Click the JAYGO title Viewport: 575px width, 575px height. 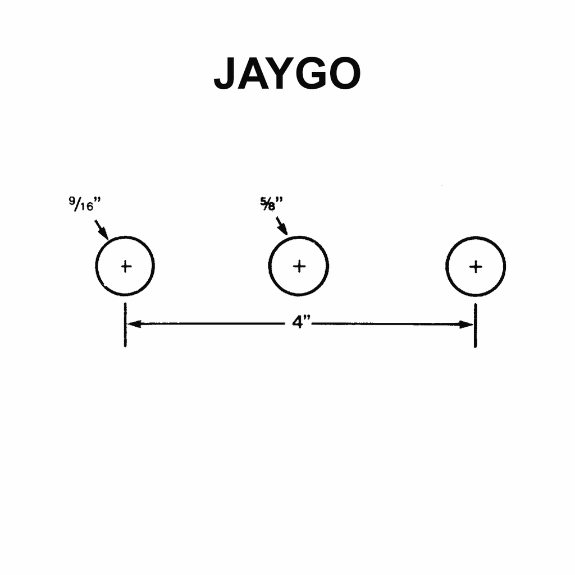(287, 74)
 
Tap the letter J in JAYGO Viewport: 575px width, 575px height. (225, 74)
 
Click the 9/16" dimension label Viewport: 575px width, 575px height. (85, 204)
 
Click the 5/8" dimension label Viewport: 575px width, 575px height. (272, 203)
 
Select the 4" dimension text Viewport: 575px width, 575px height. (301, 323)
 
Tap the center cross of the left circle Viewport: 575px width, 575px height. (126, 267)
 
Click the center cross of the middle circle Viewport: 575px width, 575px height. (299, 266)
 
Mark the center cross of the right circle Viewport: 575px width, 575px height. (476, 267)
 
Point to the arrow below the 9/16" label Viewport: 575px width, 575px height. (102, 230)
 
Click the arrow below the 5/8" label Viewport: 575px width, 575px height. (282, 226)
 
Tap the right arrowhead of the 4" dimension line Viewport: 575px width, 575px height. (467, 325)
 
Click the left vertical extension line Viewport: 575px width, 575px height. (125, 325)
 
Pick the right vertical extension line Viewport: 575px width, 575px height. (476, 325)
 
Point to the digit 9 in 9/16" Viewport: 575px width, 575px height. (72, 200)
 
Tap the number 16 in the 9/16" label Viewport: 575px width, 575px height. (87, 207)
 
